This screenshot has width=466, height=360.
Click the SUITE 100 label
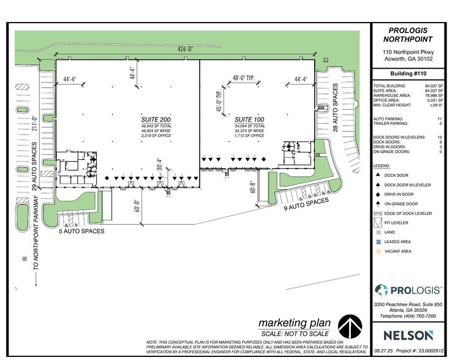(249, 117)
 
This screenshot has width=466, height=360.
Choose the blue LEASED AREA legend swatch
(378, 242)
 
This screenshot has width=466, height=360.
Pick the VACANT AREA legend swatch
(378, 252)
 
